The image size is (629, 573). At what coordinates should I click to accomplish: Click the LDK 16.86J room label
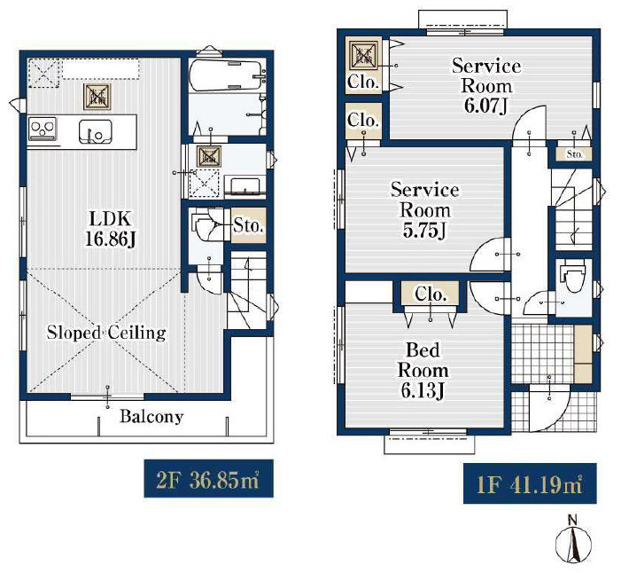[111, 229]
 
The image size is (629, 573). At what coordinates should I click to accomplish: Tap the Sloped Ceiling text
[106, 333]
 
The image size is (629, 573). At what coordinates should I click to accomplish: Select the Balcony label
[151, 417]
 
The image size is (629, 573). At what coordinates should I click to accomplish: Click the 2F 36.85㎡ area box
[208, 479]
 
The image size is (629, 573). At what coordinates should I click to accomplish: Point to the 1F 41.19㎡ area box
[530, 483]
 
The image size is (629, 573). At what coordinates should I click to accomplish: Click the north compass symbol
[574, 540]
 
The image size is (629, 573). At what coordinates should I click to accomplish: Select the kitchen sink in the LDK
[96, 131]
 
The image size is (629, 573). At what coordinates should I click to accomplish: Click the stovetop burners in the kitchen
[43, 129]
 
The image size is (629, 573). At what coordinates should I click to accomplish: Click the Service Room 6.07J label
[486, 86]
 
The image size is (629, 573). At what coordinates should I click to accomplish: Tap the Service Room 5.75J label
[425, 210]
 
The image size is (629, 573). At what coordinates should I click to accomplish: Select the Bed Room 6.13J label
[423, 370]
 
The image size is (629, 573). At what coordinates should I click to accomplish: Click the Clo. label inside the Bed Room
[431, 294]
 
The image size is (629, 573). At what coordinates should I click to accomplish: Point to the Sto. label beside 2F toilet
[248, 225]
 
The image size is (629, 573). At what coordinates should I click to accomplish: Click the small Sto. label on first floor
[574, 154]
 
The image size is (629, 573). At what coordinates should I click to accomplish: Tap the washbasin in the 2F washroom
[245, 187]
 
